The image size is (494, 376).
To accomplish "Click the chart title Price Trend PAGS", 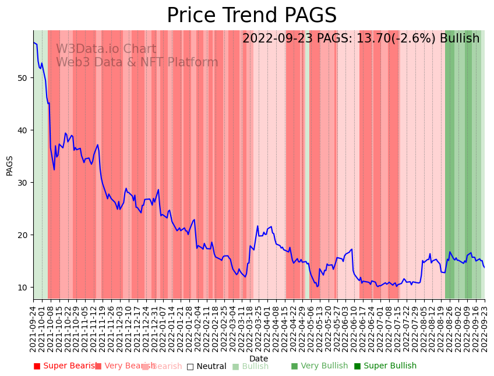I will tap(252, 16).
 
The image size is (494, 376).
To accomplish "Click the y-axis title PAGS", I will tap(9, 165).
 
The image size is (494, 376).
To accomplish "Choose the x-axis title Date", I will tap(259, 359).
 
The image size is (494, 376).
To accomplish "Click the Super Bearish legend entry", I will tap(66, 366).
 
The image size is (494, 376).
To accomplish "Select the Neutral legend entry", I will tap(206, 366).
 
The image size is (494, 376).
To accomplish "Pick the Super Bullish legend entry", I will tap(385, 366).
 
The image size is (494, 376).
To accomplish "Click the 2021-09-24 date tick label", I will tap(34, 326).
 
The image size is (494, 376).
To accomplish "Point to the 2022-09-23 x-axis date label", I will tap(484, 326).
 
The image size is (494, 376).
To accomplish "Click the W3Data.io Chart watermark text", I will tap(106, 49).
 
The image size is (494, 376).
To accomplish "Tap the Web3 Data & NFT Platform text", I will tap(137, 63).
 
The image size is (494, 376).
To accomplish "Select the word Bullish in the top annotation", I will tap(460, 38).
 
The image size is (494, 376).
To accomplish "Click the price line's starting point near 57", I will tap(34, 42).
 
